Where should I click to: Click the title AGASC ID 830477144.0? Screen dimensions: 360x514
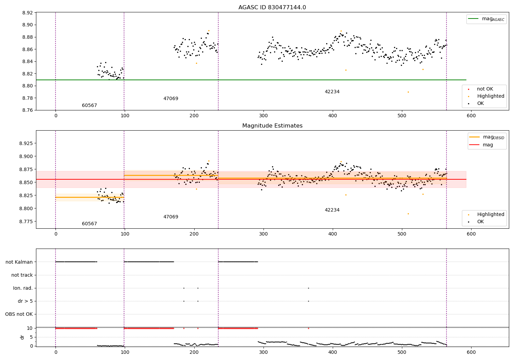coord(272,8)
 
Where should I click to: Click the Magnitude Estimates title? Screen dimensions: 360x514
coord(272,126)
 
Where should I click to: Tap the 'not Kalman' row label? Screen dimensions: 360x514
coord(19,262)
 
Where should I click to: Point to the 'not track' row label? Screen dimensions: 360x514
coord(22,275)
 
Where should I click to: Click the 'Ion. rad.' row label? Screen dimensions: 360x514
coord(23,288)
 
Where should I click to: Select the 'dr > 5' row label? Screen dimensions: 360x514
coord(25,301)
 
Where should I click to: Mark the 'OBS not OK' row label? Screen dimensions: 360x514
coord(19,314)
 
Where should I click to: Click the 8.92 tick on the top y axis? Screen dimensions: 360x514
coord(27,13)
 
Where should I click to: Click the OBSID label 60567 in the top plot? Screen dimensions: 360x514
coord(89,106)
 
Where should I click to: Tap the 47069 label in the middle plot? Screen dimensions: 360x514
coord(171,217)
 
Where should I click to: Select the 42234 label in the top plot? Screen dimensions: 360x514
coord(332,92)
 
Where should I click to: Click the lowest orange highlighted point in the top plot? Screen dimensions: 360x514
coord(408,92)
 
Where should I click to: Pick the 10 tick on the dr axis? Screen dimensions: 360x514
coord(30,328)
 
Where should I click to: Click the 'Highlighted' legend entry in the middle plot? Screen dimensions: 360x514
coord(490,215)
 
